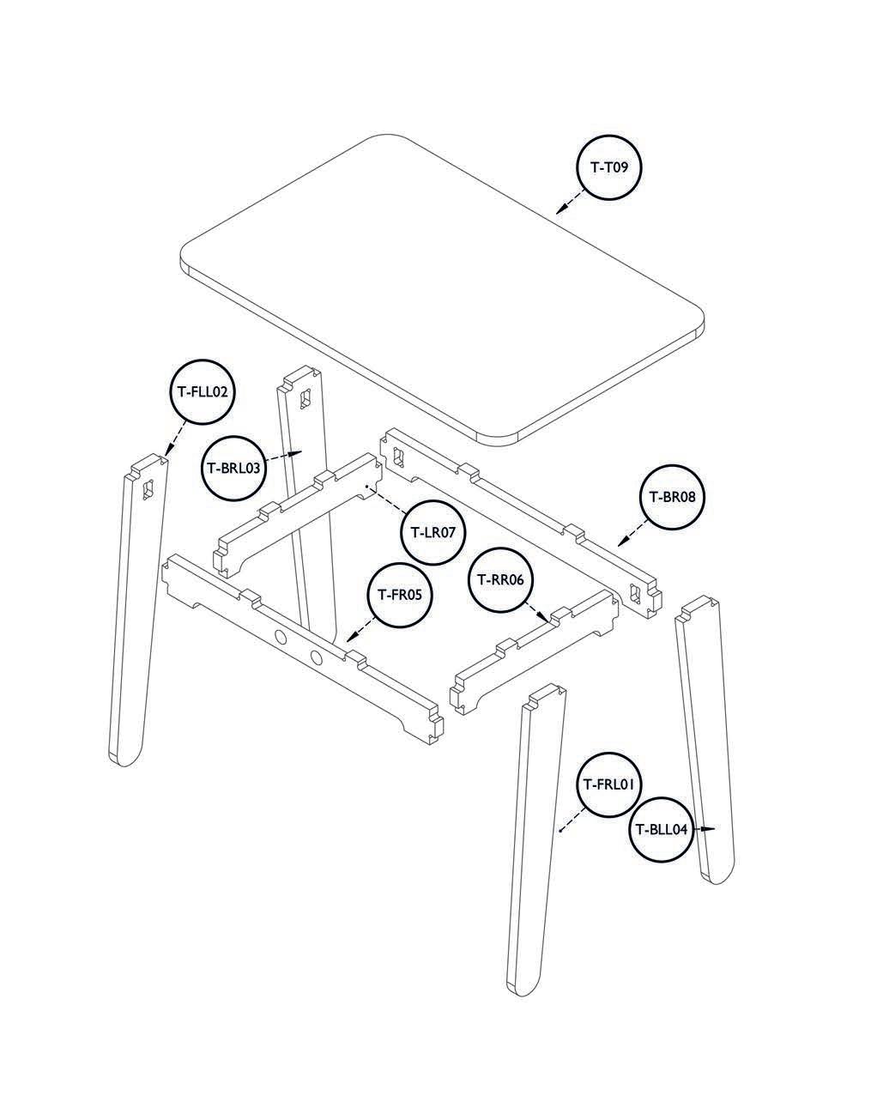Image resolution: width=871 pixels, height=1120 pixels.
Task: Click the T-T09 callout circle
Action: coord(609,167)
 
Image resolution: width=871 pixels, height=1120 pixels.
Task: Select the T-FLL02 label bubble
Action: coord(203,391)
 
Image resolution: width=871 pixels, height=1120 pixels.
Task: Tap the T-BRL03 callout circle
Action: coord(233,468)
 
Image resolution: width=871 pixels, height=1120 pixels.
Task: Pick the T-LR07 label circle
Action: coord(432,532)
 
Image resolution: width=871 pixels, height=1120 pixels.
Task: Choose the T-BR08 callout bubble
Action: coord(672,498)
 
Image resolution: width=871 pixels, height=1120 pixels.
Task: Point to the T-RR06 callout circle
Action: coord(500,580)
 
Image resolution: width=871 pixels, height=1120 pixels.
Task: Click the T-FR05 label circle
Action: coord(399,595)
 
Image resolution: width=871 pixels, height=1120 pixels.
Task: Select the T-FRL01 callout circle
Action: coord(608,785)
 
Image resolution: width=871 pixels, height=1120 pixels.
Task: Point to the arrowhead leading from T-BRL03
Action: coord(295,453)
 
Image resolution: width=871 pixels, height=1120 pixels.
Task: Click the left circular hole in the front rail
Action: coord(281,638)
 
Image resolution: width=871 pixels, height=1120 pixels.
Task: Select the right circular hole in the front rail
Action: coord(317,657)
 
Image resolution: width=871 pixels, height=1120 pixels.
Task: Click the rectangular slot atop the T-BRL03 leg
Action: coord(305,398)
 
